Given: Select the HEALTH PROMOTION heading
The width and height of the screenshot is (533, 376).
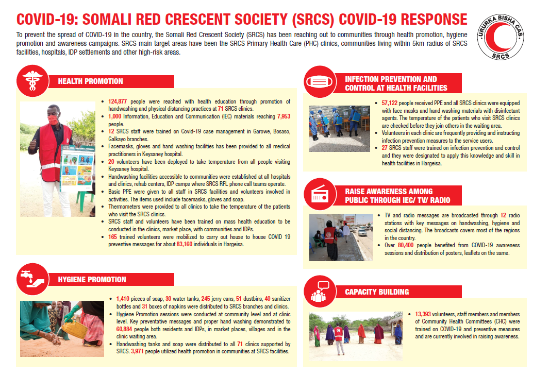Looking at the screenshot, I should (90, 81).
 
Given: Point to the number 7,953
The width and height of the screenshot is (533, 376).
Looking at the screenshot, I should (284, 117).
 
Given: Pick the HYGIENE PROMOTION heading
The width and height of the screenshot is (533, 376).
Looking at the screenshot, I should (92, 280).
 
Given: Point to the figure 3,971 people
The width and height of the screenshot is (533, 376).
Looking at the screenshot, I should (141, 351).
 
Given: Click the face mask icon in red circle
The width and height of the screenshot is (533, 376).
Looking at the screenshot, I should (320, 83).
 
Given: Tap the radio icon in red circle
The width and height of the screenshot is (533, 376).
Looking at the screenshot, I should (320, 195).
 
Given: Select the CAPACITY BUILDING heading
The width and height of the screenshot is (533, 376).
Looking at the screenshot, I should (376, 292).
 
